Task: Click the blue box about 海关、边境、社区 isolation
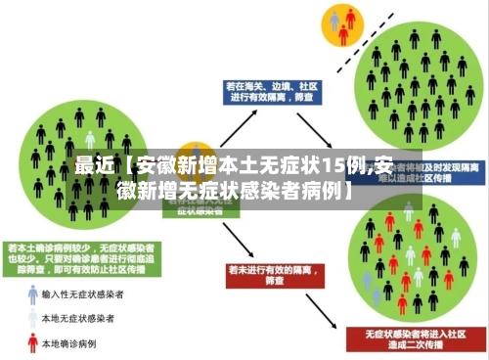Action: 265,92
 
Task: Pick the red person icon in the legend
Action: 32,343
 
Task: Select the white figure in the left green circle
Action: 90,139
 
